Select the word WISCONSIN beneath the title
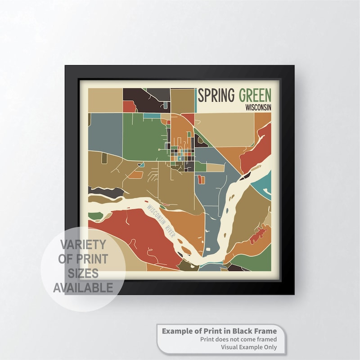coord(258,108)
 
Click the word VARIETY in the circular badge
coord(83,245)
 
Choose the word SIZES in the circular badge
coord(83,274)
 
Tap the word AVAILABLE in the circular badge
coord(83,288)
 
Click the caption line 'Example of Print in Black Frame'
coord(219,331)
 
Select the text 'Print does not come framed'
coord(238,339)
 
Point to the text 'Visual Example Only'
coord(248,347)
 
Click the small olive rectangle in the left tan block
coord(104,158)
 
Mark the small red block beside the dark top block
coord(129,107)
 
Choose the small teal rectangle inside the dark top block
coord(152,116)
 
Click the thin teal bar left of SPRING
coord(196,100)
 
